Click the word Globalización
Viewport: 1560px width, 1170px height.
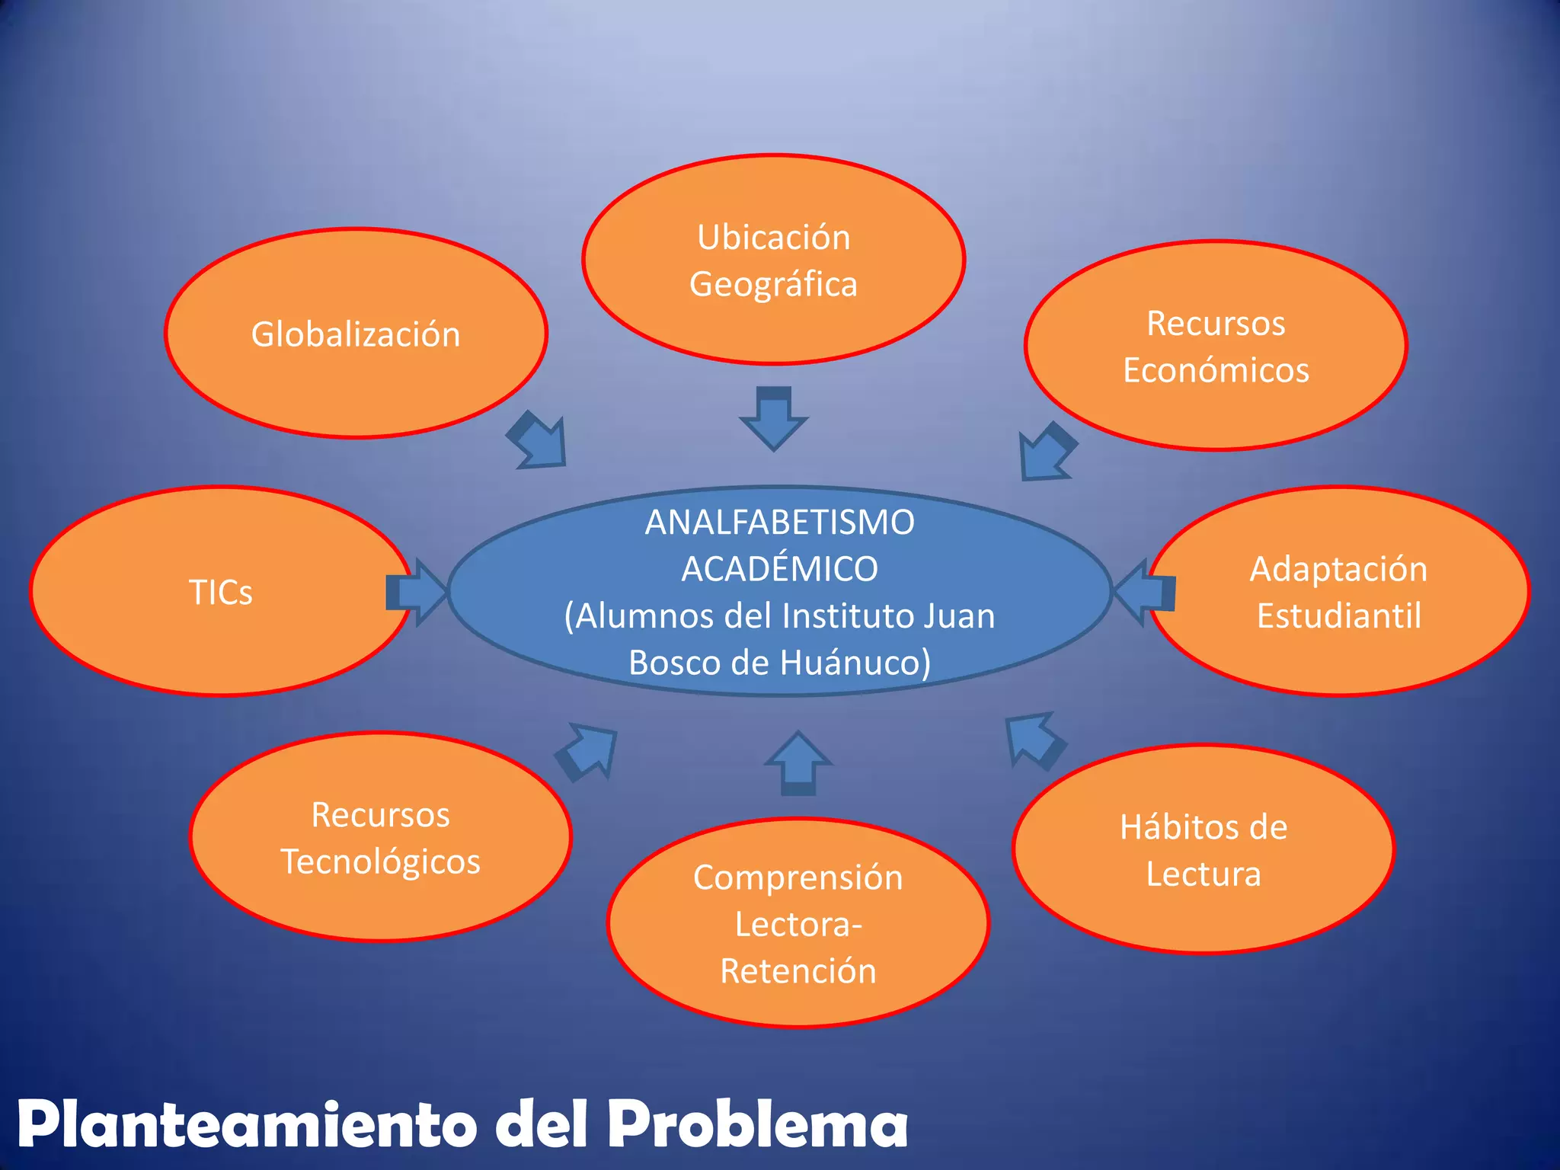pos(356,335)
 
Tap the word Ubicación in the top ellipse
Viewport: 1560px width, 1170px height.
pos(774,238)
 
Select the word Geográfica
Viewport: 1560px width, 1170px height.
pos(774,285)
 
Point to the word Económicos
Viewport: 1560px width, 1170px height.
pos(1216,370)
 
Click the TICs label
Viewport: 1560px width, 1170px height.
pos(220,593)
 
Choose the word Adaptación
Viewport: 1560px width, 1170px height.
pos(1338,570)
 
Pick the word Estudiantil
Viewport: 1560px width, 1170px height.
pos(1338,616)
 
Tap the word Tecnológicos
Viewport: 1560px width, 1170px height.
pos(381,862)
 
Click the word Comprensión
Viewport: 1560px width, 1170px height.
pos(798,877)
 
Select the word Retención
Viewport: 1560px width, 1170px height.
pos(798,971)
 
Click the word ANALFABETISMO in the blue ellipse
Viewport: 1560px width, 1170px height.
pos(779,523)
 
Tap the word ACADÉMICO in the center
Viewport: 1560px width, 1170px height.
pos(779,570)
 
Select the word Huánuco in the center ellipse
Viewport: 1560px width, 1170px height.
pos(830,663)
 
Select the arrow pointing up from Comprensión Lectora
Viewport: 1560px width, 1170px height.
pos(798,763)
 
